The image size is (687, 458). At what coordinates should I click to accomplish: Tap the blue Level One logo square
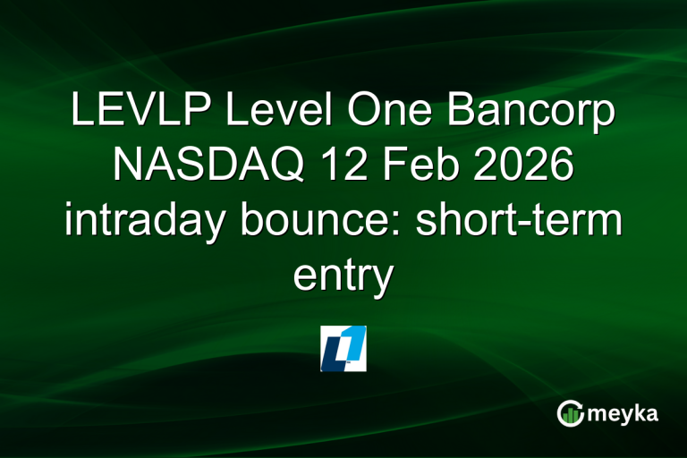coord(343,349)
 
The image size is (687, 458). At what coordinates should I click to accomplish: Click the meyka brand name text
coord(623,414)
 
